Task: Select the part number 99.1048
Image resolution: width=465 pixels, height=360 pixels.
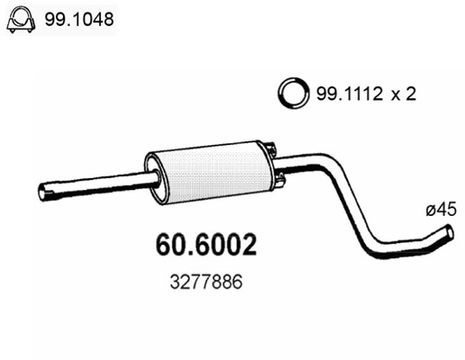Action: click(x=83, y=19)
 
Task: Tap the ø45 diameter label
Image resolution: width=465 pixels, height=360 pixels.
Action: click(x=441, y=209)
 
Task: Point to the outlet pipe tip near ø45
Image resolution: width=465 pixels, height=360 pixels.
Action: click(x=446, y=238)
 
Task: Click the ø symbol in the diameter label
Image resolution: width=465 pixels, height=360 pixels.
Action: click(x=429, y=209)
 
